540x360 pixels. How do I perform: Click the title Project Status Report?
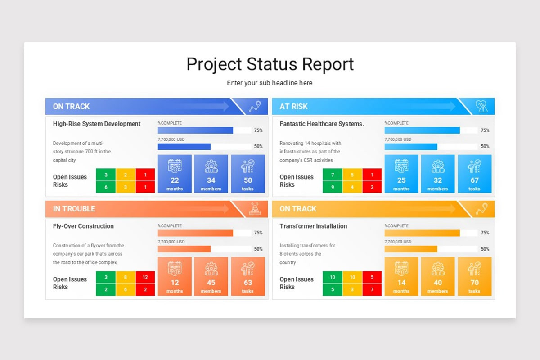[270, 64]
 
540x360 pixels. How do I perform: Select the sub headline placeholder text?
[270, 83]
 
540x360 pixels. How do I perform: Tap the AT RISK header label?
[293, 107]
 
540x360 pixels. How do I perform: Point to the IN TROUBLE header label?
[74, 209]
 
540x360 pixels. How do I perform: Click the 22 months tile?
[175, 174]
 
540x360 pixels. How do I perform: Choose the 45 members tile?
[211, 276]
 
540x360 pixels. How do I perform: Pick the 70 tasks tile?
[474, 276]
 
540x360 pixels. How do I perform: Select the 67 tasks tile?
[474, 174]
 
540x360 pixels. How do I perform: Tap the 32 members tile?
[438, 174]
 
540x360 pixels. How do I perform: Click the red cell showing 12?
[145, 277]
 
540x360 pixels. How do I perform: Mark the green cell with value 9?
[333, 187]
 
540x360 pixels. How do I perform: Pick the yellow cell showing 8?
[126, 277]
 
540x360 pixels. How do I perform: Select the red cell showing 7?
[372, 289]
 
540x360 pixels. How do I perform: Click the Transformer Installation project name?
[313, 226]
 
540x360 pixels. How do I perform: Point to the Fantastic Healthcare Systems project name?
[322, 124]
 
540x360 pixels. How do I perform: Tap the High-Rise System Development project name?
[97, 124]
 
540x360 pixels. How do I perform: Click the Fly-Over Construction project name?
[83, 226]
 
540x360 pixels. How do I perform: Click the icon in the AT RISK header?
[481, 107]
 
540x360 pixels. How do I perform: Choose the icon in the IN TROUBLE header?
[255, 209]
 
